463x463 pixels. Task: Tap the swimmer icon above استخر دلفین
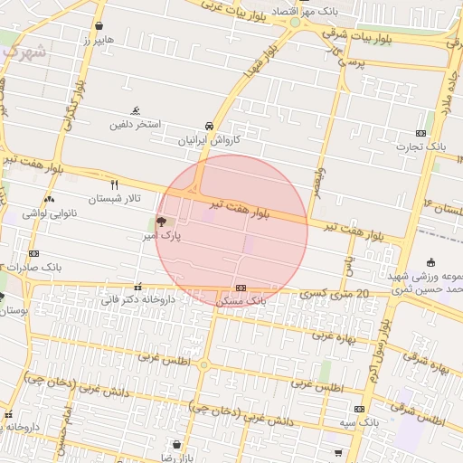click(x=136, y=110)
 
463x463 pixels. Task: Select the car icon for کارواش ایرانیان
click(x=210, y=126)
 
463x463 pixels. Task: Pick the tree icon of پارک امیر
click(x=161, y=221)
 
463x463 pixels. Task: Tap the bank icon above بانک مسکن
click(x=241, y=288)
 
